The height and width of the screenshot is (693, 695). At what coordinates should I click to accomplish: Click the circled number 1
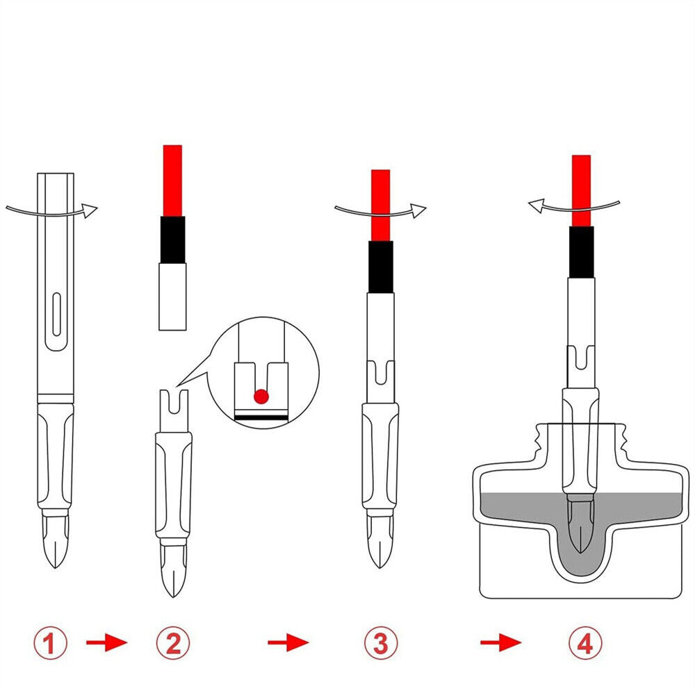[x=51, y=642]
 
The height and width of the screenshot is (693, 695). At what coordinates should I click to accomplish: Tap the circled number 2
[x=173, y=642]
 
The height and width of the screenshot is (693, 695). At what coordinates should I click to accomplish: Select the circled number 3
[x=381, y=642]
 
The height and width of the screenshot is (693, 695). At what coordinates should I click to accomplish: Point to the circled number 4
[x=585, y=642]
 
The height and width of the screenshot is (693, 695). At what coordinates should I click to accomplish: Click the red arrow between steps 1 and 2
[x=106, y=642]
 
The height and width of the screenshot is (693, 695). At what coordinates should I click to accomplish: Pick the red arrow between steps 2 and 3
[x=288, y=642]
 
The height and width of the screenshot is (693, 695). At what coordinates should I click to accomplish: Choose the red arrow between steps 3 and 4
[x=501, y=642]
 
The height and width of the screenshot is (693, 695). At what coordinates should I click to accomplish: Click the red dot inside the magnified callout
[x=261, y=396]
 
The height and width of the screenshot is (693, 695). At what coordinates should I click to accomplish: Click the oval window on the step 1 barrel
[x=56, y=314]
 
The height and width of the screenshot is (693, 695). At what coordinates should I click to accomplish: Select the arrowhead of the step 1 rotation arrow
[x=90, y=211]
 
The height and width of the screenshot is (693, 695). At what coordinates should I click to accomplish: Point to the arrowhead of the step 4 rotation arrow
[x=537, y=206]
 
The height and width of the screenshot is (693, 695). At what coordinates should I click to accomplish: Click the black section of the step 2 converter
[x=172, y=240]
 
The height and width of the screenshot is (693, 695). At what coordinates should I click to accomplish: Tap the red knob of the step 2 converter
[x=172, y=181]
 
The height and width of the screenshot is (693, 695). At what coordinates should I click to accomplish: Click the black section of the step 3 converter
[x=380, y=267]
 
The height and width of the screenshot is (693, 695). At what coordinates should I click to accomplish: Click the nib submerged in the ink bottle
[x=580, y=525]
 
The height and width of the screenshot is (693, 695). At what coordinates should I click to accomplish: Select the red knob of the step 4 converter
[x=581, y=191]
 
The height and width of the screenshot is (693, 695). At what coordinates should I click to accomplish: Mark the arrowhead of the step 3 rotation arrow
[x=418, y=211]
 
